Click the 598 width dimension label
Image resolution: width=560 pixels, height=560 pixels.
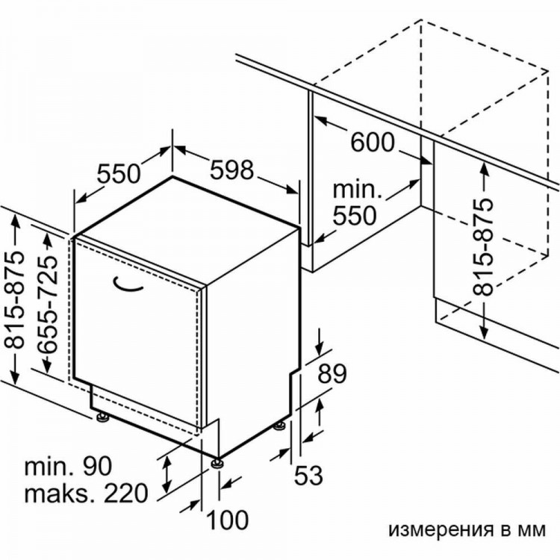(231, 170)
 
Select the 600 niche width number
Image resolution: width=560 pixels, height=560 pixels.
(373, 142)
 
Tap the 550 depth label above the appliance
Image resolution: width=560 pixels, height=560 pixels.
(119, 173)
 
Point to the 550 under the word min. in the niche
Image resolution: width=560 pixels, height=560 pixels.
(355, 215)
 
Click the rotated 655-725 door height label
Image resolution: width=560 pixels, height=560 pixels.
(48, 305)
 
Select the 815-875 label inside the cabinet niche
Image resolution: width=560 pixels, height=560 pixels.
(483, 247)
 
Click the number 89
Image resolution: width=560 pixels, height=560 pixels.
(332, 373)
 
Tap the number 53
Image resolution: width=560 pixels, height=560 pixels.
(308, 476)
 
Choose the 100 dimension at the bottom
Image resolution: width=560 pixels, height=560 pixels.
(228, 520)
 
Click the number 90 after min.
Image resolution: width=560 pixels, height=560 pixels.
(97, 466)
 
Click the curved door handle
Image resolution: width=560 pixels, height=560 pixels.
(128, 284)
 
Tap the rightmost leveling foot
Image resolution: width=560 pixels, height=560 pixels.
(280, 426)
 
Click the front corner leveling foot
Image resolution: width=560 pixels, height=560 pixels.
(217, 463)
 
